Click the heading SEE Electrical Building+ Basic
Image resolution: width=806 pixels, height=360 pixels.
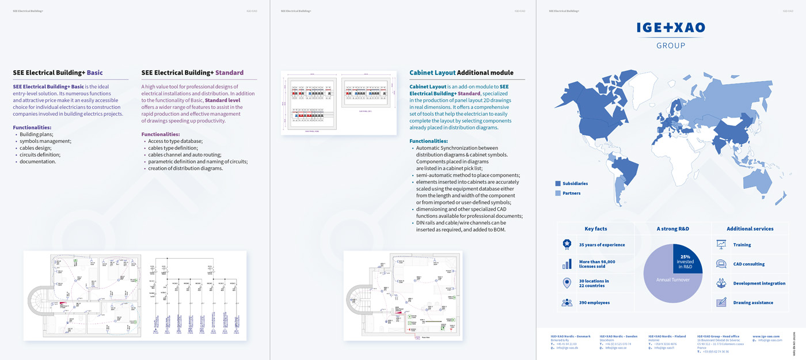point(58,73)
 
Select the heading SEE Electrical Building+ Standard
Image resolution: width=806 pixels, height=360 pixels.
point(192,73)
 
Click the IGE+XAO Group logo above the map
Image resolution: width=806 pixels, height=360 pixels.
point(671,34)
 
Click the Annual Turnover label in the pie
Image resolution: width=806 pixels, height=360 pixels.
point(672,280)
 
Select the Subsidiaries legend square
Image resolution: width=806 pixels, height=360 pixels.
point(558,183)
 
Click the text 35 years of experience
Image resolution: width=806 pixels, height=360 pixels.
point(602,245)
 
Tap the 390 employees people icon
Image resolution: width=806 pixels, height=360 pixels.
point(567,302)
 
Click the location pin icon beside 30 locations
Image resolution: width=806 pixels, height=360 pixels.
point(567,283)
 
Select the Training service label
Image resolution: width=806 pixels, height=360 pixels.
point(742,245)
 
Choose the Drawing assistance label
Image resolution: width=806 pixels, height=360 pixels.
point(753,302)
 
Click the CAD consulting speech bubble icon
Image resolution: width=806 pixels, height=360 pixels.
point(721,264)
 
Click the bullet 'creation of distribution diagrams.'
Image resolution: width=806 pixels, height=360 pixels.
point(185,169)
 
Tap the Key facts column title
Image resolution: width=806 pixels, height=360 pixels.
point(595,229)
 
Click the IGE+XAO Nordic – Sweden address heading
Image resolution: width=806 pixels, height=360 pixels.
point(618,336)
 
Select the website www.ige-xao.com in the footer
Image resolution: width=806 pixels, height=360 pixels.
point(766,336)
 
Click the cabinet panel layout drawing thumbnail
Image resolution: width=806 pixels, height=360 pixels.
point(339,103)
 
